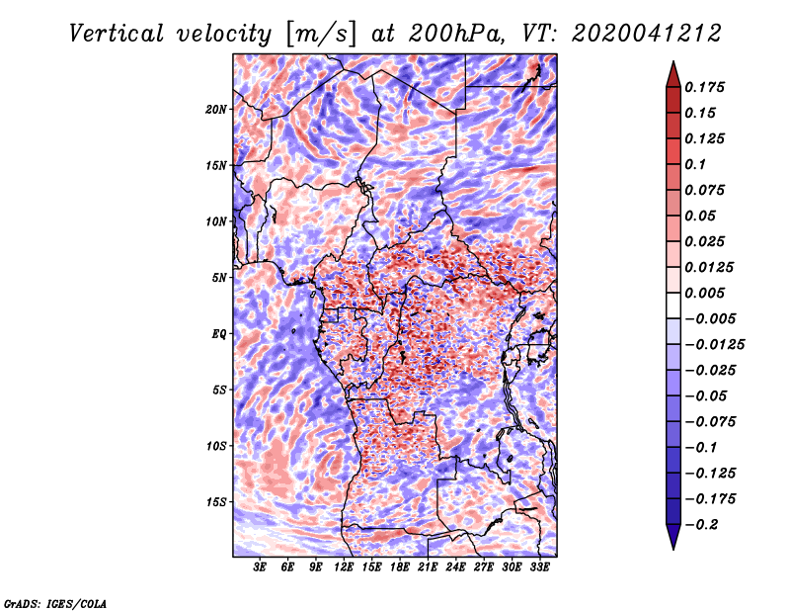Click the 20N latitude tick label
(215, 110)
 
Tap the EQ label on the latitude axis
(218, 334)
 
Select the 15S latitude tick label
(216, 502)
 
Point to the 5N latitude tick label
(219, 278)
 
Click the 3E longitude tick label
(260, 567)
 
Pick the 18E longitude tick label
(400, 567)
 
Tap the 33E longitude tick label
(539, 567)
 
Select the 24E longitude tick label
(455, 567)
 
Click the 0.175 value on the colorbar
(704, 87)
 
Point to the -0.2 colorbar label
(701, 525)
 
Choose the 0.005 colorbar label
(704, 293)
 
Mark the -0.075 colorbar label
(710, 422)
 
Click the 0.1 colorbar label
(695, 164)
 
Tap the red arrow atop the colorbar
(673, 75)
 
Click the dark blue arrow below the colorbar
(673, 536)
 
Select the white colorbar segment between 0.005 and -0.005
(673, 305)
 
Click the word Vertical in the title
(117, 34)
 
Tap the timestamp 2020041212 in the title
(647, 34)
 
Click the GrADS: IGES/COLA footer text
(55, 603)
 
